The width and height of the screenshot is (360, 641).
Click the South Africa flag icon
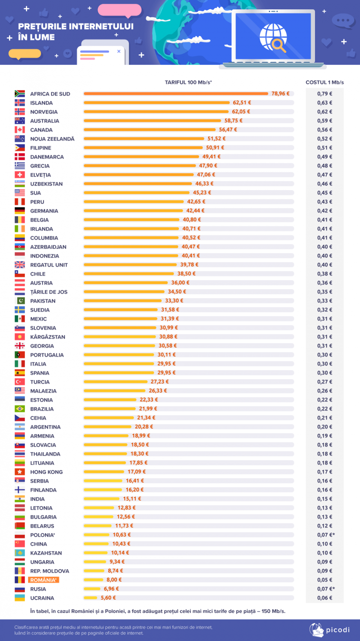[19, 94]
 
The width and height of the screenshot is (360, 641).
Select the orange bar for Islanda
[156, 103]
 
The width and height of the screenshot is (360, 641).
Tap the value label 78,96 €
[280, 94]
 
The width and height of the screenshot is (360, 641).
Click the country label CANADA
[41, 130]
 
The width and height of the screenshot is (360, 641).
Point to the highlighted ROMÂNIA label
[43, 580]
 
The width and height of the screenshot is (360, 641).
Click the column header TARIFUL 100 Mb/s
[188, 83]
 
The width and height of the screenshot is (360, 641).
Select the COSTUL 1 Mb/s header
[324, 83]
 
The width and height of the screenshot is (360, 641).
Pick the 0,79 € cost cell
[324, 94]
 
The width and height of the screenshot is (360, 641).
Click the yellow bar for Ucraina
[90, 598]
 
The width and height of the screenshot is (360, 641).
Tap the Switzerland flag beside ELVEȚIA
[19, 175]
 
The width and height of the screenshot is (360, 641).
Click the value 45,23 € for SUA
[202, 193]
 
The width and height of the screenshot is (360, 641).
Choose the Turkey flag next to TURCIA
[19, 382]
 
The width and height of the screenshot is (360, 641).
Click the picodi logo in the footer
[330, 630]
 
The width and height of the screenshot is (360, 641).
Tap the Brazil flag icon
[19, 409]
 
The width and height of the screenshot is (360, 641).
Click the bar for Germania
[133, 211]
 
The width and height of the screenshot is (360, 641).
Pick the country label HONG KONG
[46, 472]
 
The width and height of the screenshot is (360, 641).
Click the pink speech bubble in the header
[120, 11]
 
